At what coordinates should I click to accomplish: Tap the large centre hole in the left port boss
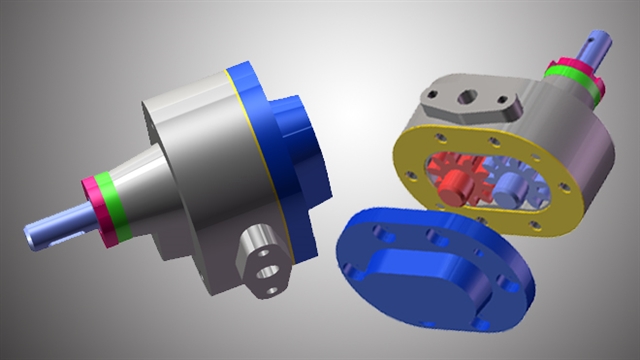coord(265,270)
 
